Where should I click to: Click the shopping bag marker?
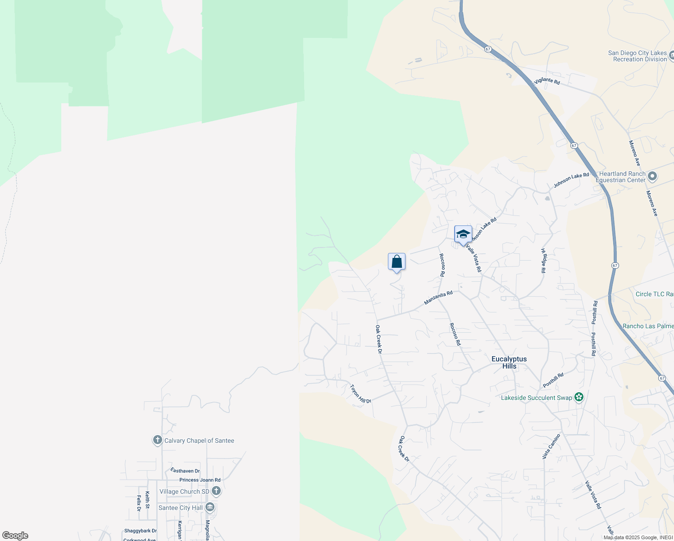(x=396, y=262)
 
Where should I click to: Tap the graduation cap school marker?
(x=463, y=234)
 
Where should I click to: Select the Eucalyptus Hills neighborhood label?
(x=509, y=362)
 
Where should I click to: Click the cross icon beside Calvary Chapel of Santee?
(x=157, y=440)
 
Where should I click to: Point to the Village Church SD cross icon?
(x=216, y=491)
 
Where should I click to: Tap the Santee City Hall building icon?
(x=210, y=508)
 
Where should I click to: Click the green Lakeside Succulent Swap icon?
(x=579, y=397)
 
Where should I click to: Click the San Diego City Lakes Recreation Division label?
(x=637, y=56)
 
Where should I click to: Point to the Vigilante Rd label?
(x=547, y=81)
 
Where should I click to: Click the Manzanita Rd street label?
(x=438, y=298)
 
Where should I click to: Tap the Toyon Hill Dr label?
(x=360, y=394)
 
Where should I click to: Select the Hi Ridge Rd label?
(x=543, y=261)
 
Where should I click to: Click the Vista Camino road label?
(x=551, y=446)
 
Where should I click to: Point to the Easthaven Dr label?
(x=185, y=471)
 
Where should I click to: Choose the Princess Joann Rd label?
(x=200, y=480)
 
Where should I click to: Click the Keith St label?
(x=147, y=500)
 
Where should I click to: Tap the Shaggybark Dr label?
(x=141, y=531)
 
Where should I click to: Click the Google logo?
(x=15, y=536)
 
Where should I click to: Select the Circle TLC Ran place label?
(x=654, y=294)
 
